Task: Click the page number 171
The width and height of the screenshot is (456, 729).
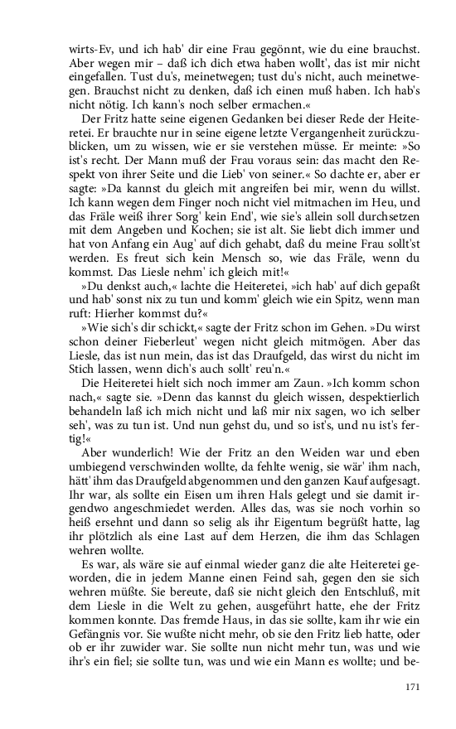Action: coord(414,687)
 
